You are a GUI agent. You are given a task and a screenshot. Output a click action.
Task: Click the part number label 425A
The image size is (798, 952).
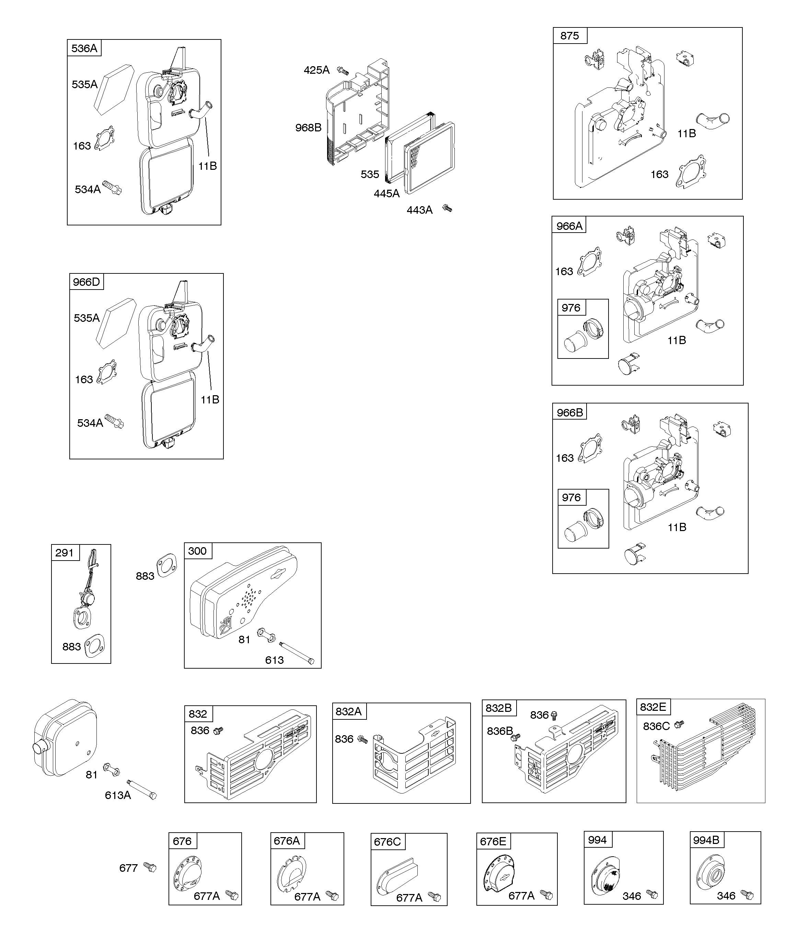(x=316, y=70)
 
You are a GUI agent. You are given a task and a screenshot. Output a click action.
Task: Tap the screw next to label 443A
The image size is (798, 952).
(x=447, y=208)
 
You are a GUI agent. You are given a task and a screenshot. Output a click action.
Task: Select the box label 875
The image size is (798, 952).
(x=569, y=36)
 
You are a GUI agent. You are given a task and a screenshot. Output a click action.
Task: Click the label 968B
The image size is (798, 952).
(x=308, y=128)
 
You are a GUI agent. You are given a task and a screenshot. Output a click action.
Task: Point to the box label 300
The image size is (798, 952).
(x=197, y=551)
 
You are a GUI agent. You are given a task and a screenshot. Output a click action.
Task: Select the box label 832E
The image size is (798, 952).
(x=653, y=707)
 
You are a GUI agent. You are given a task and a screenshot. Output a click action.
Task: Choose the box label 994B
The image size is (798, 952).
(x=706, y=840)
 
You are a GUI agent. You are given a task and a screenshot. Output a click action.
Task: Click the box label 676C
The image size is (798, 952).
(x=387, y=842)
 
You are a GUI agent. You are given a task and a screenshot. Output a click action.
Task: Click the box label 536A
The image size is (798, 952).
(x=84, y=48)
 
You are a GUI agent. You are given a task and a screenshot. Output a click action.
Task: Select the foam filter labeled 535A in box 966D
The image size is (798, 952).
(x=116, y=322)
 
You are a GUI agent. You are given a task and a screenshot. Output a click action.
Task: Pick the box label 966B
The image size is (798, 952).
(x=570, y=412)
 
